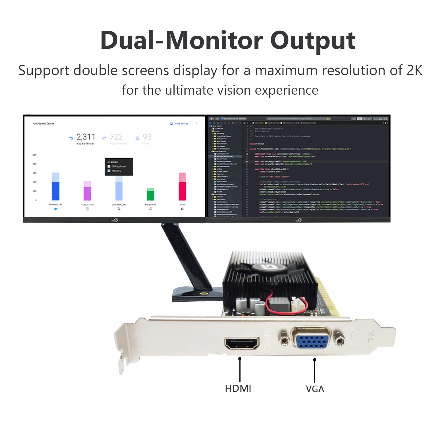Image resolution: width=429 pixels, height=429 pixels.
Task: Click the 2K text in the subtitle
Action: tap(414, 70)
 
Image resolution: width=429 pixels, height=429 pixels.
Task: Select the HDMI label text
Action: tap(238, 389)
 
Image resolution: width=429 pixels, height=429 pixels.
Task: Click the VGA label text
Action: tap(315, 389)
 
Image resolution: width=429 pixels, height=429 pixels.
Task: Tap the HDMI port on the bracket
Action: tap(242, 343)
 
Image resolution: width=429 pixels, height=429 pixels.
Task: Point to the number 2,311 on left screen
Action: tap(86, 137)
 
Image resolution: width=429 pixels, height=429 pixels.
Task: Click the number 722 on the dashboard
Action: tap(116, 137)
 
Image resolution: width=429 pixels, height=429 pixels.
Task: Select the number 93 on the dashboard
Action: tap(147, 137)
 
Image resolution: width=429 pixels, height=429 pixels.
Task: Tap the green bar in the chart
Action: tap(151, 195)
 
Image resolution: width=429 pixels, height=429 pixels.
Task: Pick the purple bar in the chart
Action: tap(87, 193)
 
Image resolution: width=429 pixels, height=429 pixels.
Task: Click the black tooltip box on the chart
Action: tap(119, 167)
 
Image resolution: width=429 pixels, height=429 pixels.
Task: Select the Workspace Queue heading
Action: tap(43, 124)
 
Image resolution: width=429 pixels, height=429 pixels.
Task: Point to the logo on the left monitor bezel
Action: tap(115, 220)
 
